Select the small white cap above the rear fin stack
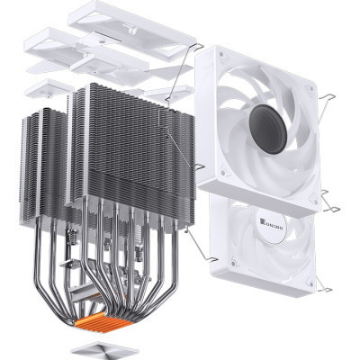point(49,87)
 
